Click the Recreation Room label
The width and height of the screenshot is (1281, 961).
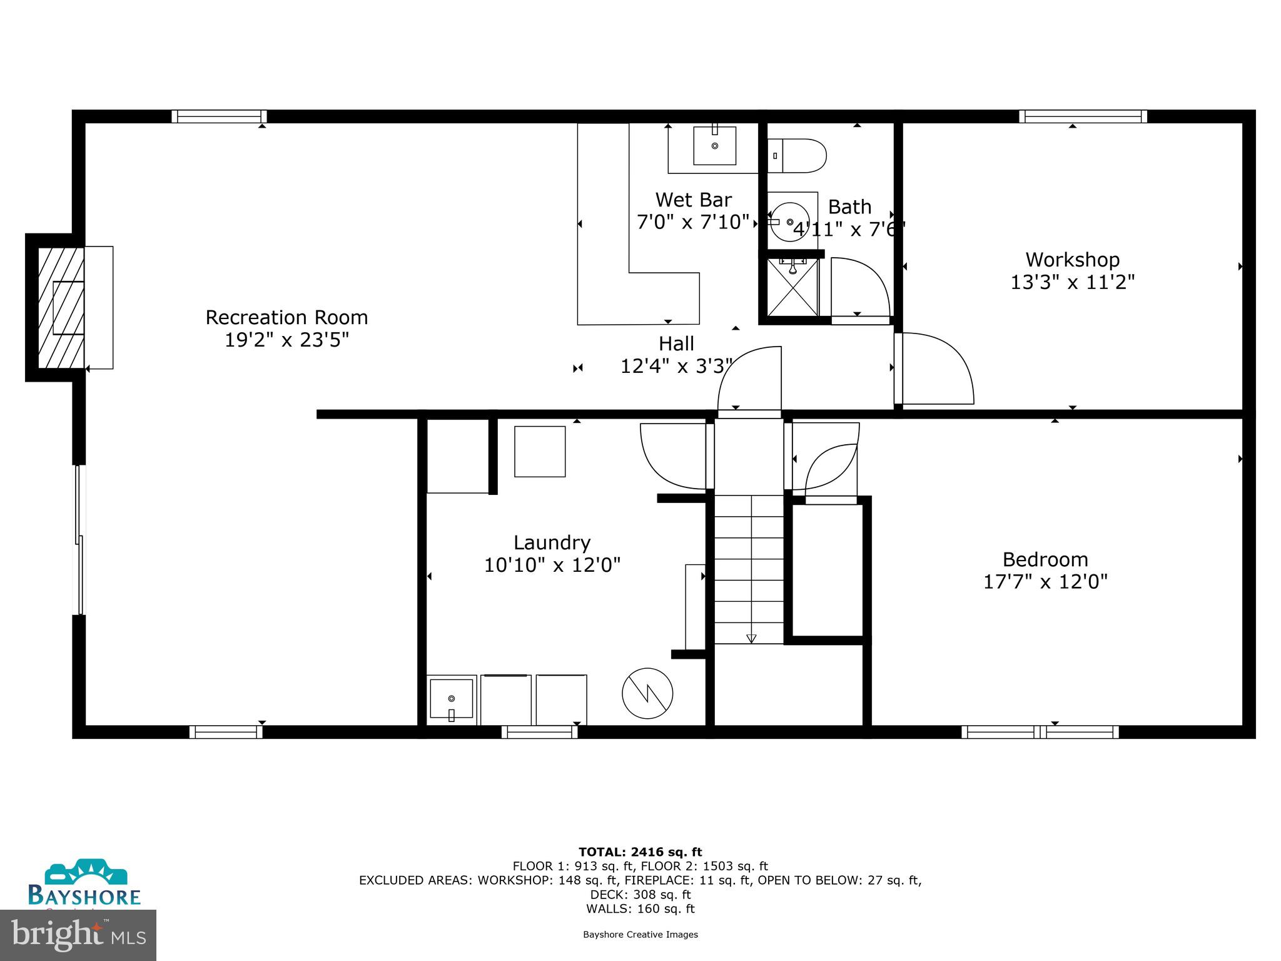tap(286, 317)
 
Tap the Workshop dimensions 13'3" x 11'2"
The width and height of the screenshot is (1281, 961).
tap(1072, 282)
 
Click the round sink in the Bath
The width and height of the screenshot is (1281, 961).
tap(790, 222)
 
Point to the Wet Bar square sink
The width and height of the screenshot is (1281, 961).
tap(714, 146)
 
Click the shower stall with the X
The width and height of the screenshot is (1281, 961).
tap(792, 288)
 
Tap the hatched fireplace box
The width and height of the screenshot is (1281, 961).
tap(61, 307)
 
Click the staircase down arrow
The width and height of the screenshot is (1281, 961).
tap(751, 638)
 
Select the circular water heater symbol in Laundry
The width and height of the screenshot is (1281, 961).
tap(647, 693)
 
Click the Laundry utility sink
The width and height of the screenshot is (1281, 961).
tap(451, 699)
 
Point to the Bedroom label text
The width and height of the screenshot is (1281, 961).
tap(1045, 559)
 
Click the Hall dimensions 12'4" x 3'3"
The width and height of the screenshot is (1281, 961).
tap(676, 366)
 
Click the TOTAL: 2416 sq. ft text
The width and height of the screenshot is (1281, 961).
tap(640, 852)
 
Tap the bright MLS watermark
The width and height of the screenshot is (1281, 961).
tap(78, 935)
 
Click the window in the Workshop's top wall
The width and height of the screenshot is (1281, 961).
tap(1083, 116)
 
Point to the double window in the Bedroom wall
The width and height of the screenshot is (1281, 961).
tap(1040, 732)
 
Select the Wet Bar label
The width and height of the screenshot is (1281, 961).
tap(693, 200)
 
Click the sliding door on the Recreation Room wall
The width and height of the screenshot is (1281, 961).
tap(79, 539)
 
